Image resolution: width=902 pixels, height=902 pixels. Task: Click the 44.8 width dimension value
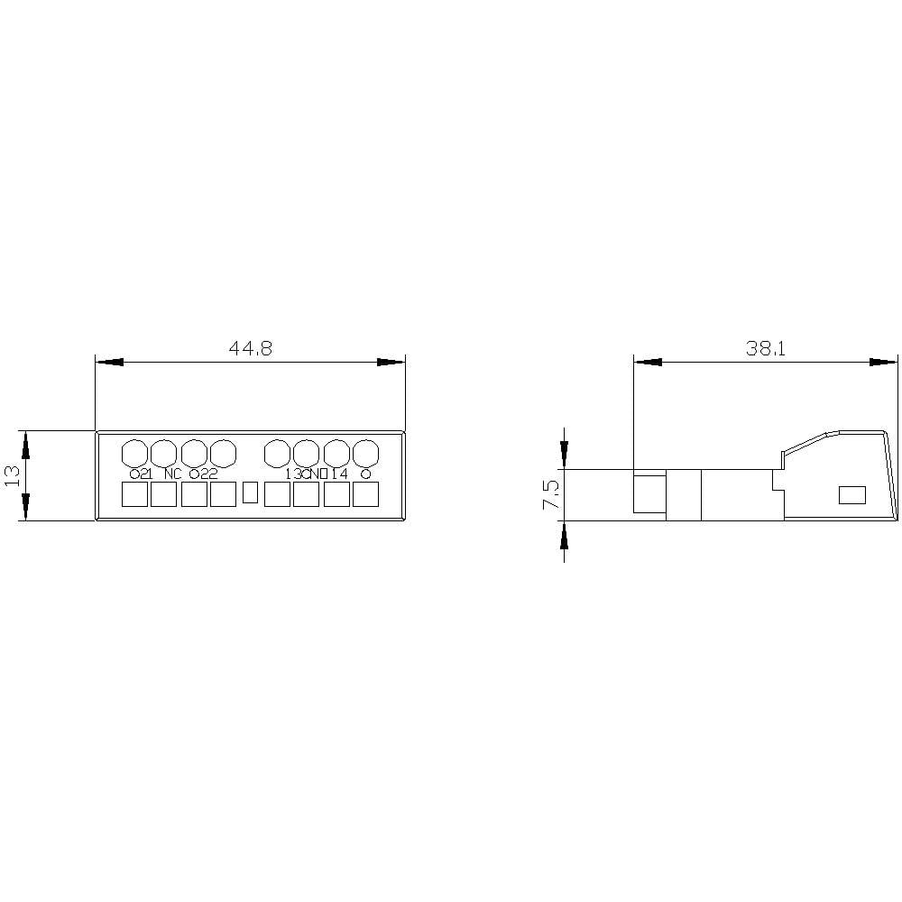pyautogui.click(x=250, y=349)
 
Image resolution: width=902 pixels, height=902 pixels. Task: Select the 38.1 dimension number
pyautogui.click(x=766, y=349)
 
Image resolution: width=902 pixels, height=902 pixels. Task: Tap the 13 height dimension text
pyautogui.click(x=13, y=475)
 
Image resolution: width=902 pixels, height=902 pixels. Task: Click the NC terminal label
pyautogui.click(x=173, y=474)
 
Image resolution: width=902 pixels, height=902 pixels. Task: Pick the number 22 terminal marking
pyautogui.click(x=208, y=474)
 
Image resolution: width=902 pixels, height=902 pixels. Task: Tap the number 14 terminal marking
pyautogui.click(x=339, y=474)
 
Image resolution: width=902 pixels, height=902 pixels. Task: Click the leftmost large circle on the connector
pyautogui.click(x=134, y=451)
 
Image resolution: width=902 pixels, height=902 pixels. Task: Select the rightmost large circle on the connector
pyautogui.click(x=365, y=451)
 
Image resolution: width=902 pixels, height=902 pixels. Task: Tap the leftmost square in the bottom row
pyautogui.click(x=134, y=494)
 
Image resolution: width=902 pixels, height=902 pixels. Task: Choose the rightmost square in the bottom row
pyautogui.click(x=365, y=494)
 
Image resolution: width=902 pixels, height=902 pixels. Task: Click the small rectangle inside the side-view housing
pyautogui.click(x=851, y=494)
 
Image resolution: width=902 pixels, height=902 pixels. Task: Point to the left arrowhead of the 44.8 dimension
pyautogui.click(x=108, y=362)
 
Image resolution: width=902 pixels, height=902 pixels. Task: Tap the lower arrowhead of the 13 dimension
pyautogui.click(x=25, y=508)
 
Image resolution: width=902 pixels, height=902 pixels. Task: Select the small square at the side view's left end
pyautogui.click(x=649, y=493)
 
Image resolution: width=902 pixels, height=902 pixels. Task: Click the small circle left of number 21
pyautogui.click(x=134, y=474)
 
